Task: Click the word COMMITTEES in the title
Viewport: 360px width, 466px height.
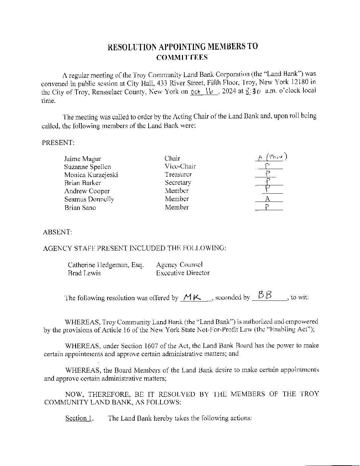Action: point(182,57)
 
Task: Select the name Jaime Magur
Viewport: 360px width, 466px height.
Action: point(82,159)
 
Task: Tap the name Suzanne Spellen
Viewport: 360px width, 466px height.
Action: point(88,167)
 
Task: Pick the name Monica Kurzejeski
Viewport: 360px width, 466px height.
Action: point(91,175)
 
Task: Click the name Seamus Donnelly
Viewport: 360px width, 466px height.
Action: point(89,199)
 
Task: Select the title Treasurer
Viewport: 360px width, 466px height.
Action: point(178,174)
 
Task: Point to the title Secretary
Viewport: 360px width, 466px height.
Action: point(178,183)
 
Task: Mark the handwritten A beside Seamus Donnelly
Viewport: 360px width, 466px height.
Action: point(268,199)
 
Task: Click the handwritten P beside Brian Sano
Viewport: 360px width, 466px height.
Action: point(267,208)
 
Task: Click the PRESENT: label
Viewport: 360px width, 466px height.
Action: point(58,143)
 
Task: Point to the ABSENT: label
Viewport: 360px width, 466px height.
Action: point(57,232)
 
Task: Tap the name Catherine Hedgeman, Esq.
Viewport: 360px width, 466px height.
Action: point(106,265)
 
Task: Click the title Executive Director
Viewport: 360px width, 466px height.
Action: point(183,273)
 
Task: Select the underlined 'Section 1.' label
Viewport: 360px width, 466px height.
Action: point(79,418)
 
